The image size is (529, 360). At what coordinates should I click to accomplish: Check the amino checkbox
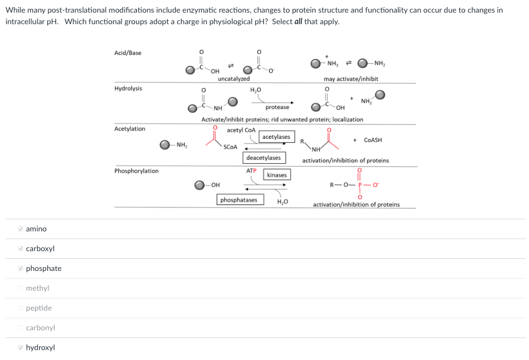pyautogui.click(x=20, y=229)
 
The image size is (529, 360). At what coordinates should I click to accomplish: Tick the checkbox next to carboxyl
pyautogui.click(x=20, y=248)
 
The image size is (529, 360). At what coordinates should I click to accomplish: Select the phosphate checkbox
pyautogui.click(x=20, y=268)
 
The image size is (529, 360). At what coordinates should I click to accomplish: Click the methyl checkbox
pyautogui.click(x=20, y=288)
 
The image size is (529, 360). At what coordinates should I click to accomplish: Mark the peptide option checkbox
pyautogui.click(x=20, y=308)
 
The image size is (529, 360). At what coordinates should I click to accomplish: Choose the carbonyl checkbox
pyautogui.click(x=20, y=328)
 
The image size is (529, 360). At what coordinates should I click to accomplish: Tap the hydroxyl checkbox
pyautogui.click(x=20, y=347)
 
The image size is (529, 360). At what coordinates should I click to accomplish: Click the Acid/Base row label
pyautogui.click(x=128, y=53)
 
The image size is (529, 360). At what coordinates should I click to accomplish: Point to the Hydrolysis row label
pyautogui.click(x=128, y=88)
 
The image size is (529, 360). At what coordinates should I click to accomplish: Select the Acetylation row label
pyautogui.click(x=130, y=129)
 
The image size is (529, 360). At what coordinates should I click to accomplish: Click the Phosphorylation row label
pyautogui.click(x=136, y=171)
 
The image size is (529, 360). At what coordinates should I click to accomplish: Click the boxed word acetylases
pyautogui.click(x=276, y=137)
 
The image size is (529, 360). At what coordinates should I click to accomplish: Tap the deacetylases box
pyautogui.click(x=263, y=158)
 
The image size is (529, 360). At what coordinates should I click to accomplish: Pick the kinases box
pyautogui.click(x=277, y=175)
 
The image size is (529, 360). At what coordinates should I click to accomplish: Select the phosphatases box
pyautogui.click(x=239, y=200)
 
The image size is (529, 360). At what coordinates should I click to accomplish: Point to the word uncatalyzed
pyautogui.click(x=234, y=79)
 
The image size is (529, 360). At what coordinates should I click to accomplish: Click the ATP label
pyautogui.click(x=251, y=170)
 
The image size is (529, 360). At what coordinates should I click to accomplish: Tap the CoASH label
pyautogui.click(x=373, y=140)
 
